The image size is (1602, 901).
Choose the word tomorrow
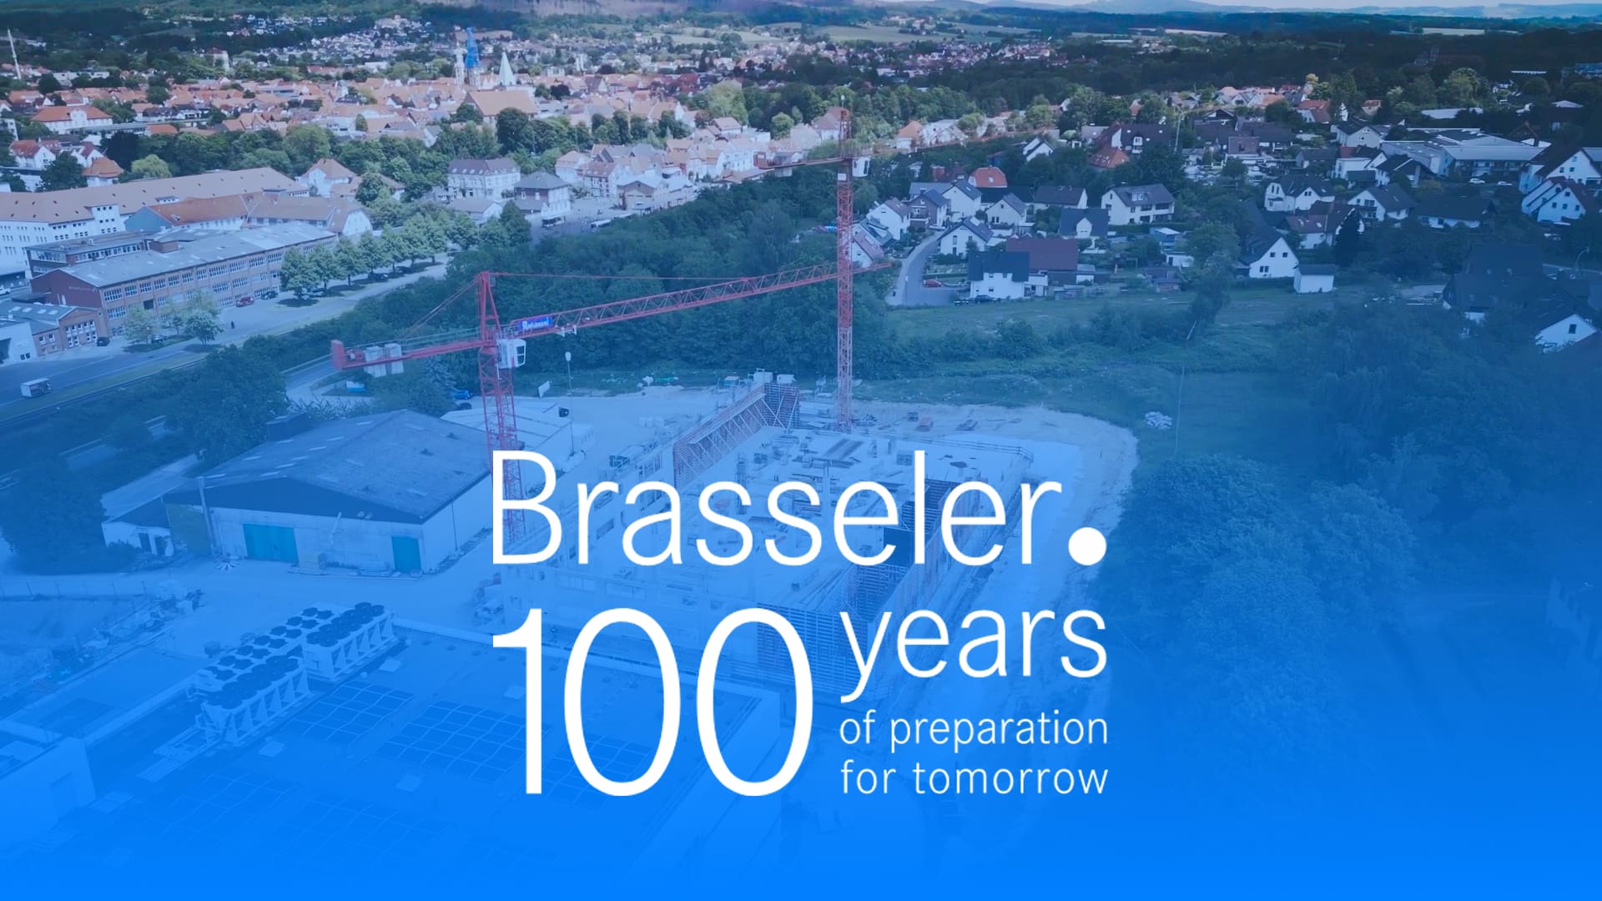pyautogui.click(x=1010, y=778)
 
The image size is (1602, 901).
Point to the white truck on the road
pyautogui.click(x=35, y=387)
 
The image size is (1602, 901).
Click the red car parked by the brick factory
pyautogui.click(x=244, y=301)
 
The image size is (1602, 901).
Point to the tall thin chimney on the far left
pyautogui.click(x=14, y=54)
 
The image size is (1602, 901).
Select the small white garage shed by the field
pyautogui.click(x=1314, y=279)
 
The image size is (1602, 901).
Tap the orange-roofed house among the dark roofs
pyautogui.click(x=989, y=177)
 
